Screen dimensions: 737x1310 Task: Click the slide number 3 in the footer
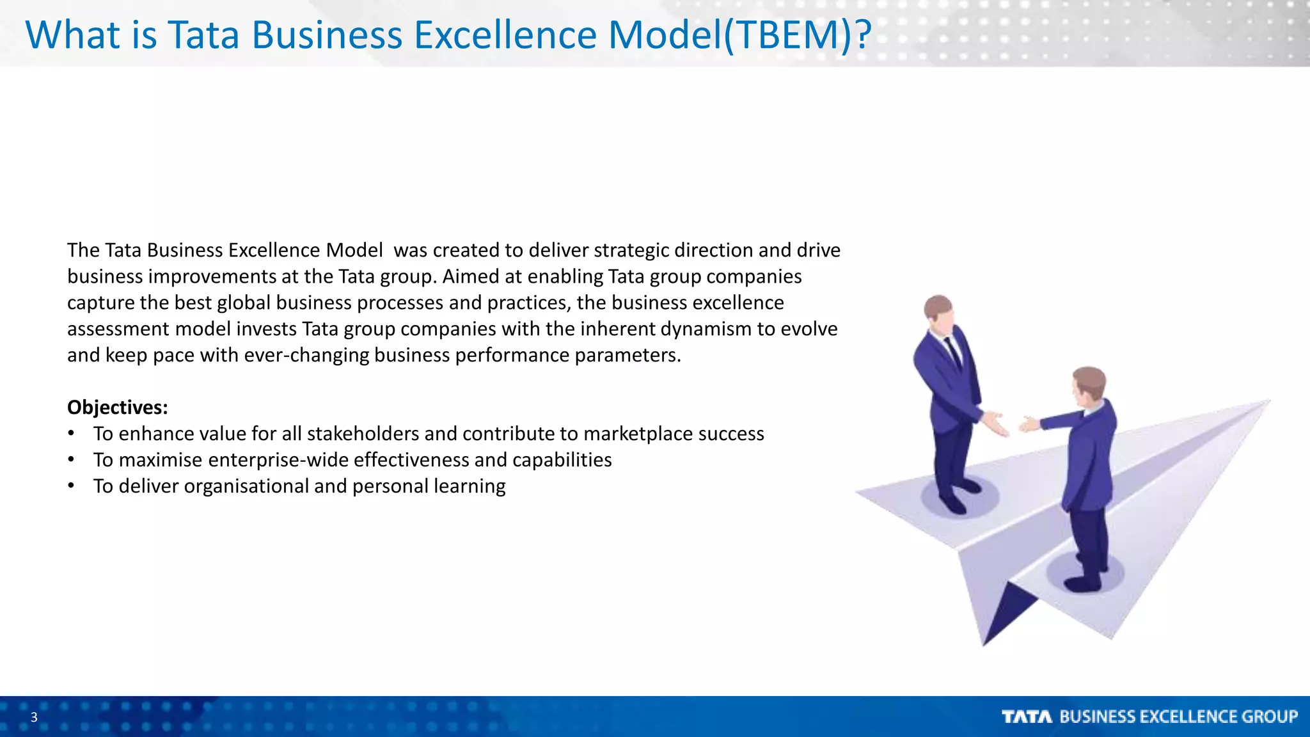tap(34, 717)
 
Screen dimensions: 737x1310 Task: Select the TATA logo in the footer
tap(1027, 717)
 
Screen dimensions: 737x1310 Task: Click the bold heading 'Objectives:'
tap(118, 408)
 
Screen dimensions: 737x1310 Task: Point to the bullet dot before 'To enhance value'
tap(72, 434)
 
